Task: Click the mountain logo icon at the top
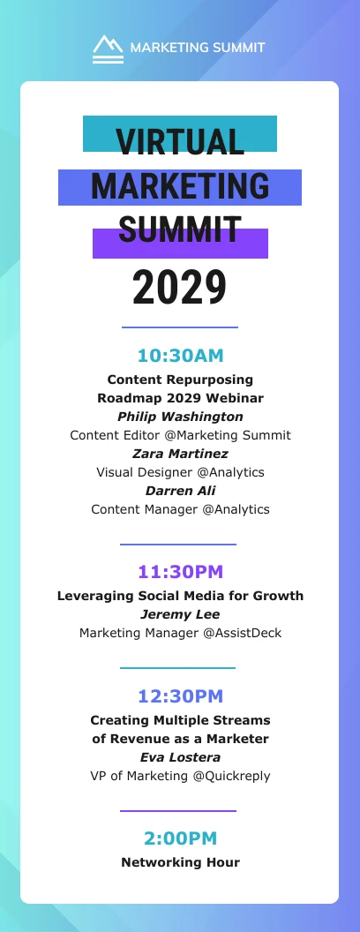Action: click(x=109, y=48)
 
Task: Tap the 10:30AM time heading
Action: click(x=180, y=356)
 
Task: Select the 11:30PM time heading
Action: click(x=180, y=572)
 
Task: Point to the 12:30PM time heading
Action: click(x=180, y=696)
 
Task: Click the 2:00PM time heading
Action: click(x=180, y=838)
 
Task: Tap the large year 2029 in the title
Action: click(x=180, y=287)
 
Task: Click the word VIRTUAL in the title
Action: click(x=180, y=142)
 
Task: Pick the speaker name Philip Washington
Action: click(x=180, y=417)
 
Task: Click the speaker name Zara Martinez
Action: click(x=180, y=454)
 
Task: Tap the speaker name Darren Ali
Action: click(x=180, y=491)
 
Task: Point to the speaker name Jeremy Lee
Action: click(x=180, y=614)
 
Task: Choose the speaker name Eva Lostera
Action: click(x=180, y=757)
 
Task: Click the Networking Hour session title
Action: click(x=180, y=862)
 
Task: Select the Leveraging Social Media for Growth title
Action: click(x=180, y=596)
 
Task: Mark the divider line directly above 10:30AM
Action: click(x=180, y=327)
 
